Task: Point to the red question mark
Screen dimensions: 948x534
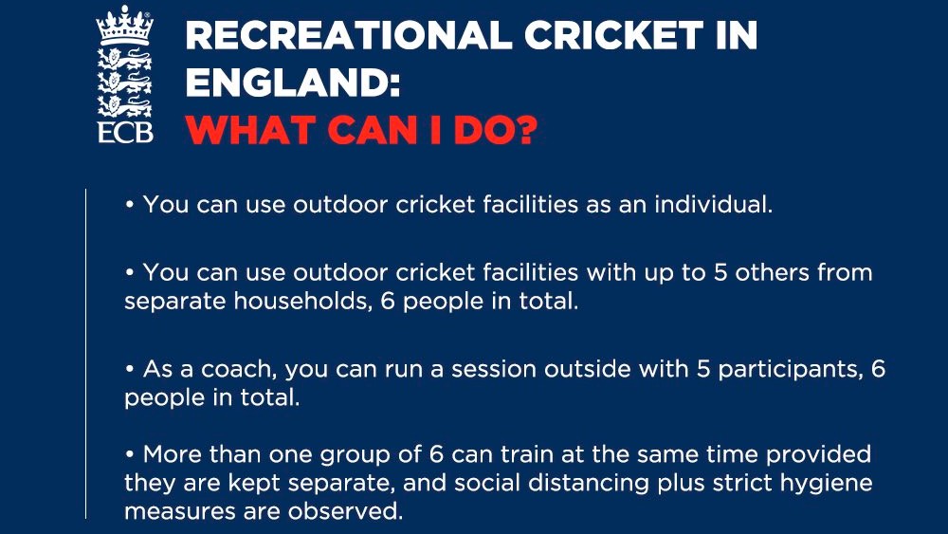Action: tap(525, 130)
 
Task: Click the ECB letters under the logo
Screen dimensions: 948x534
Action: tap(125, 133)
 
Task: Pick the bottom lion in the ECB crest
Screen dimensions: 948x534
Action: tap(125, 106)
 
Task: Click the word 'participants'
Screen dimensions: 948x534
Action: tap(791, 369)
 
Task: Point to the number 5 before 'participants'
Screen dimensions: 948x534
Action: tap(703, 369)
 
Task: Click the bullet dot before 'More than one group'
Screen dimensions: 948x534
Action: tap(129, 453)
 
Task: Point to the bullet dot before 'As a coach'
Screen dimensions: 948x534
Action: tap(129, 368)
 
